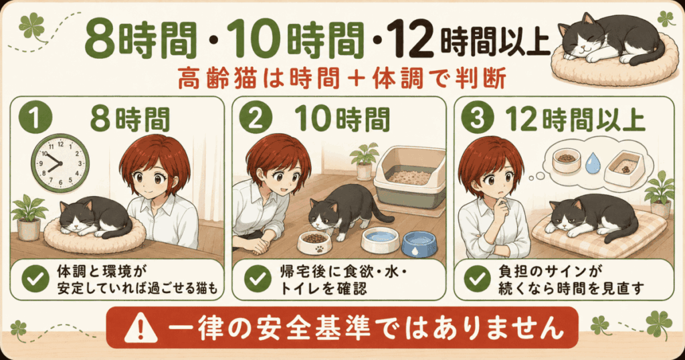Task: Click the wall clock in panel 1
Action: click(60, 163)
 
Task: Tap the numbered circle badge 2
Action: click(256, 118)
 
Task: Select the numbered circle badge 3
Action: click(477, 118)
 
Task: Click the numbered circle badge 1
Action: click(35, 118)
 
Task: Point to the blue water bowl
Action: click(419, 244)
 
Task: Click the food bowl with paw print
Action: click(314, 243)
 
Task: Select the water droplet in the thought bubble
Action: click(593, 163)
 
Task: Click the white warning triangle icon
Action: click(140, 329)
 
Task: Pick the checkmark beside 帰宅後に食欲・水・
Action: click(258, 279)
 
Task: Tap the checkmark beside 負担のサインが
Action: click(477, 279)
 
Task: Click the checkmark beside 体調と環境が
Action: click(35, 279)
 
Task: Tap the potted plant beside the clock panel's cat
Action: click(29, 218)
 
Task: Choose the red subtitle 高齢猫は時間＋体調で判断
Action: click(342, 80)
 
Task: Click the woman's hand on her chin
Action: click(502, 206)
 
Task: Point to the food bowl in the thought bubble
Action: click(567, 161)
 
